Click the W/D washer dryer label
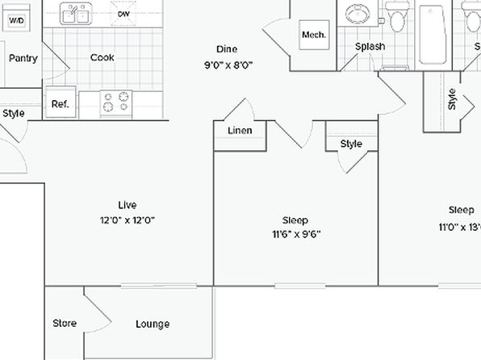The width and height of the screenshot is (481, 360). point(17,20)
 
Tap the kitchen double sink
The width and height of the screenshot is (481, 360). point(76,14)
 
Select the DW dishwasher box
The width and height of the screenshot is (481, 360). point(123,13)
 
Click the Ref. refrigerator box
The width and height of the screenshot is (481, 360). point(61,103)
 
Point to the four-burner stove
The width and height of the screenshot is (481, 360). point(116,103)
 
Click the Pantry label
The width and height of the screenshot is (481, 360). point(23,58)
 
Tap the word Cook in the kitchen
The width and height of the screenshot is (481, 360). point(102,57)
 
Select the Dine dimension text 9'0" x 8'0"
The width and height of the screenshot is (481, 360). point(228,65)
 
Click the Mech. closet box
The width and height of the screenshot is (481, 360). point(314,35)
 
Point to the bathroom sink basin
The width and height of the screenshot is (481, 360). point(358,13)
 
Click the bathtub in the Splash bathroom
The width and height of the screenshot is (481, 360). point(433,35)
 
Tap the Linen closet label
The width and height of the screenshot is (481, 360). point(240,131)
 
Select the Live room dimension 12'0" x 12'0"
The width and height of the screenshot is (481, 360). point(128,220)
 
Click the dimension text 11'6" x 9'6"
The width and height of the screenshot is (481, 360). point(296,234)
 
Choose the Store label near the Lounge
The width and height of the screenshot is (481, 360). point(65,323)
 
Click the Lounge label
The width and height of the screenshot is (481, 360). point(153,324)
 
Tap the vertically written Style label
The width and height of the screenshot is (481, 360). point(452,99)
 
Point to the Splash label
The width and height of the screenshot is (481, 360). point(370,47)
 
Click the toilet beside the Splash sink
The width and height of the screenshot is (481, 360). point(398,16)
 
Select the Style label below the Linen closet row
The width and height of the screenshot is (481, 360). point(351,144)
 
